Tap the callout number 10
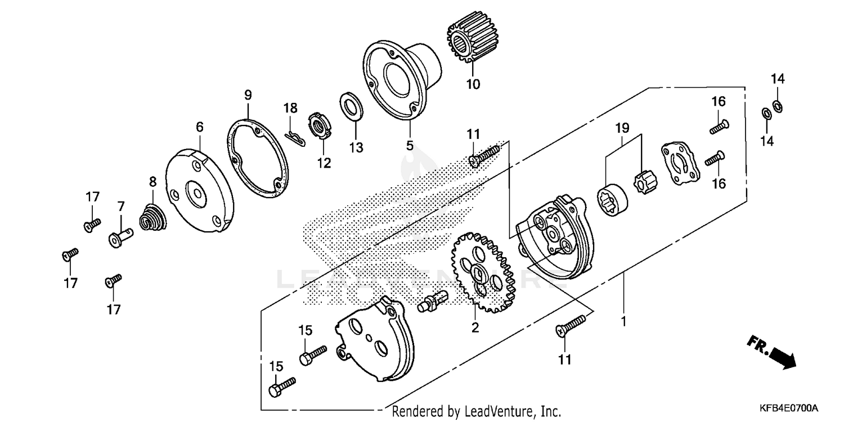coord(473,84)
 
